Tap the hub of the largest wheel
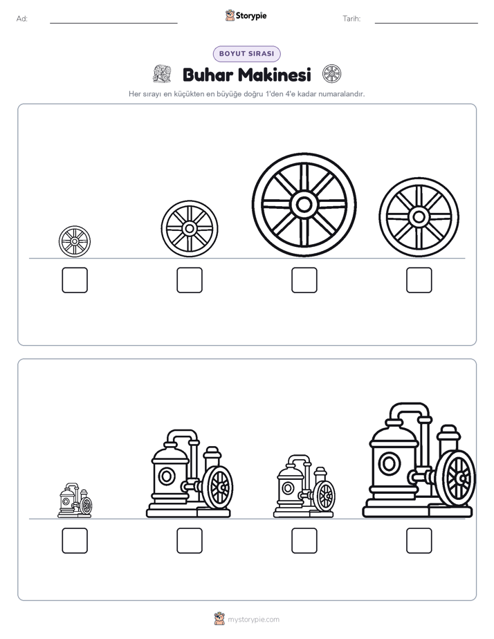pyautogui.click(x=304, y=205)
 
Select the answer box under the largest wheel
pyautogui.click(x=304, y=280)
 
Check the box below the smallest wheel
pyautogui.click(x=75, y=280)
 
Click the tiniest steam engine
pyautogui.click(x=75, y=501)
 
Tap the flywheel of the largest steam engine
pyautogui.click(x=459, y=478)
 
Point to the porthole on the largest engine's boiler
pyautogui.click(x=390, y=463)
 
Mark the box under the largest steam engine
pyautogui.click(x=419, y=541)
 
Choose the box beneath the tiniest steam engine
pyautogui.click(x=75, y=541)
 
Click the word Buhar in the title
pyautogui.click(x=208, y=75)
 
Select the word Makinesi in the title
pyautogui.click(x=275, y=75)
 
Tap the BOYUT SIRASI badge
pyautogui.click(x=246, y=54)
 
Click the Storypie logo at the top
pyautogui.click(x=246, y=15)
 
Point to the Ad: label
pyautogui.click(x=22, y=19)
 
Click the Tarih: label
pyautogui.click(x=351, y=19)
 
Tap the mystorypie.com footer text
pyautogui.click(x=253, y=620)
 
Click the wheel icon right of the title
pyautogui.click(x=332, y=74)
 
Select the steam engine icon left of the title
pyautogui.click(x=162, y=73)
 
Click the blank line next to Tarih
pyautogui.click(x=426, y=24)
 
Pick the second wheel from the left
pyautogui.click(x=190, y=229)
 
